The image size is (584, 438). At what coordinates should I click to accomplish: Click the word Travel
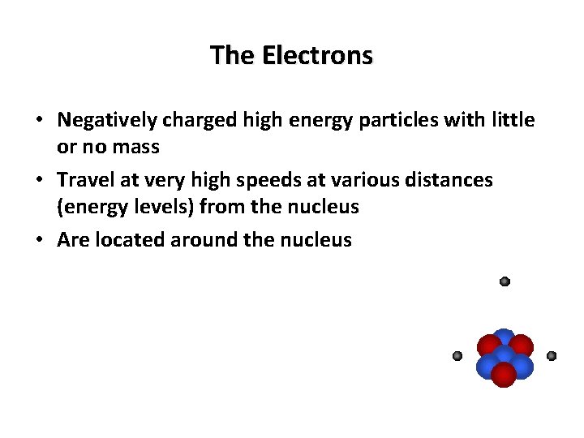pos(84,179)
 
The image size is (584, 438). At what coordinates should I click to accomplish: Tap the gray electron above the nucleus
pos(505,281)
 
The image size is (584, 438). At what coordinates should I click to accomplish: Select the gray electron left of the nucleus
pos(457,355)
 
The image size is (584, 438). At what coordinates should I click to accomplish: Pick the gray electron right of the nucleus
pos(552,355)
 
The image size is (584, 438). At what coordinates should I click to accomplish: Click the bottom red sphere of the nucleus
pos(504,375)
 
